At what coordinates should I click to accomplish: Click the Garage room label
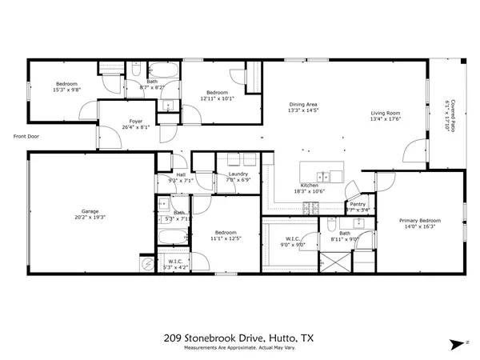(90, 211)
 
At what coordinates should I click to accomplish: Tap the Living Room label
(385, 114)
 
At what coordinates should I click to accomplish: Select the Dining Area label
(303, 104)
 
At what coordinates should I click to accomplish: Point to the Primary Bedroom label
(420, 220)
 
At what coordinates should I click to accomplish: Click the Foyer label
(136, 122)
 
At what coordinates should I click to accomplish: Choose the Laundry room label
(238, 174)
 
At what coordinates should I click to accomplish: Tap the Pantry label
(358, 205)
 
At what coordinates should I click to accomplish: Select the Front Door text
(26, 136)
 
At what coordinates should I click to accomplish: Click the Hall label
(181, 175)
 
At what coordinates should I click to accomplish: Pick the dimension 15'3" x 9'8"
(66, 90)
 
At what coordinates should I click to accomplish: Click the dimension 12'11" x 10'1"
(217, 98)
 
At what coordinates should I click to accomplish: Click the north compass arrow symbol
(456, 343)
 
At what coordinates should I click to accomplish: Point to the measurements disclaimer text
(239, 348)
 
